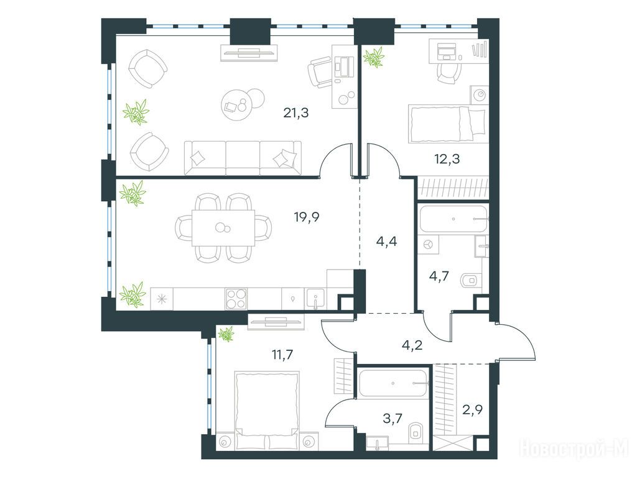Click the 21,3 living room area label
(x=295, y=113)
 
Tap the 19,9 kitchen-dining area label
(x=307, y=217)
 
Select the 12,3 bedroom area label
(x=447, y=158)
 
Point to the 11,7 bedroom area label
(x=282, y=355)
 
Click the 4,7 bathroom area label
(x=439, y=276)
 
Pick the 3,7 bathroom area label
(x=393, y=418)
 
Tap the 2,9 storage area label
(x=473, y=410)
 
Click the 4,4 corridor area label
(x=387, y=242)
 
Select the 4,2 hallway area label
(x=411, y=345)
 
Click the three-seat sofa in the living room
(x=243, y=158)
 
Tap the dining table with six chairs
(x=223, y=228)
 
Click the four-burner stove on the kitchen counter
(x=236, y=299)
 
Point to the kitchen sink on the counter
(x=315, y=299)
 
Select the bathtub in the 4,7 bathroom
(x=453, y=219)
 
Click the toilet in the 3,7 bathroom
(x=415, y=431)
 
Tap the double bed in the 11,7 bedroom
(x=267, y=411)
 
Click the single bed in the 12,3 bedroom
(x=447, y=124)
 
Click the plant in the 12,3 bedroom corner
(x=374, y=57)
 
